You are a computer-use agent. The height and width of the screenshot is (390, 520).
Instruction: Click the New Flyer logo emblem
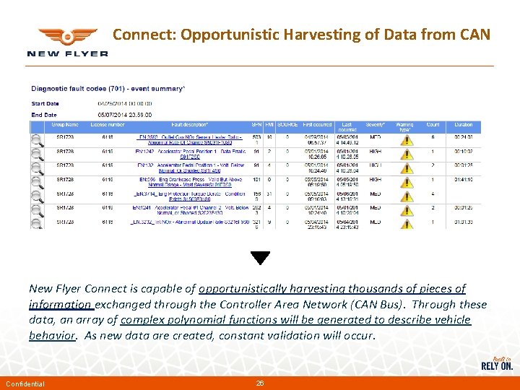[67, 37]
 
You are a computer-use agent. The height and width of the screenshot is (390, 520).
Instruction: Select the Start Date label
[45, 103]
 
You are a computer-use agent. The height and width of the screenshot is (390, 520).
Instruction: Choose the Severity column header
[375, 125]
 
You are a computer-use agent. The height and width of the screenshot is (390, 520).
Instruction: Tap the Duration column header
[464, 125]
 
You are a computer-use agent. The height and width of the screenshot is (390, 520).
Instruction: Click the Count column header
[433, 125]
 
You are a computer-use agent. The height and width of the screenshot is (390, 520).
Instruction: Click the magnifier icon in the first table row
[37, 139]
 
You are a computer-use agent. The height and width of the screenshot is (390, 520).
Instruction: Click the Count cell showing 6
[433, 136]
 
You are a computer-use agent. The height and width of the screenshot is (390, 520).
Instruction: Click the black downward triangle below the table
[260, 258]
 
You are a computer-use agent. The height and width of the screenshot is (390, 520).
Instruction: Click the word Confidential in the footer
[25, 383]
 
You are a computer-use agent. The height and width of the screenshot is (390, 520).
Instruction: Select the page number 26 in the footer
[260, 383]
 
